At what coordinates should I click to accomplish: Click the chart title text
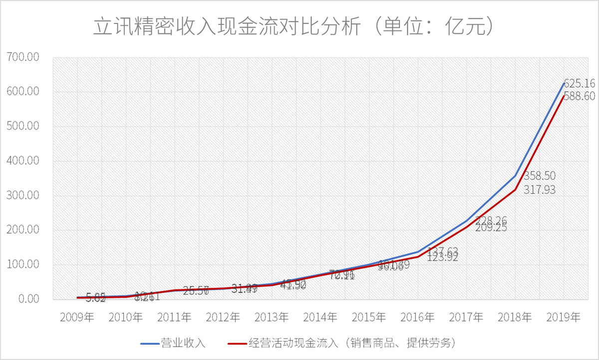(295, 27)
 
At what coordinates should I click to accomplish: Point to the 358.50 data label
(539, 176)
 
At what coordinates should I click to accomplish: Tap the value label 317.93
(539, 190)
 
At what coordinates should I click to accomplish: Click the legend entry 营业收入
(183, 344)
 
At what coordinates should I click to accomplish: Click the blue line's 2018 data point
(515, 176)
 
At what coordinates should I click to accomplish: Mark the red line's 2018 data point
(515, 190)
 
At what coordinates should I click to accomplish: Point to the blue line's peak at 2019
(564, 83)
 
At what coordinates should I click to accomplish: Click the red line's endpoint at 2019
(564, 96)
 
